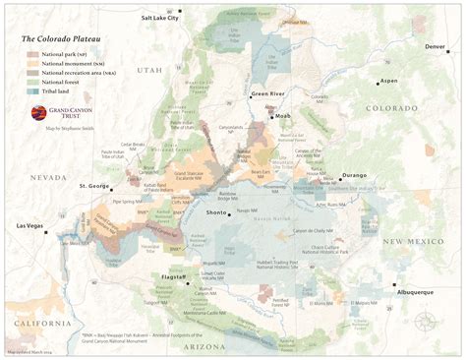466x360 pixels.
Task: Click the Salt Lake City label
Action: [160, 18]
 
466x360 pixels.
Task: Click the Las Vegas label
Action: [30, 226]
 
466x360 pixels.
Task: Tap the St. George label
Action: [93, 185]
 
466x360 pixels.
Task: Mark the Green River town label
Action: [266, 94]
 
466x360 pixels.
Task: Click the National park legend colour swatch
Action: [32, 54]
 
